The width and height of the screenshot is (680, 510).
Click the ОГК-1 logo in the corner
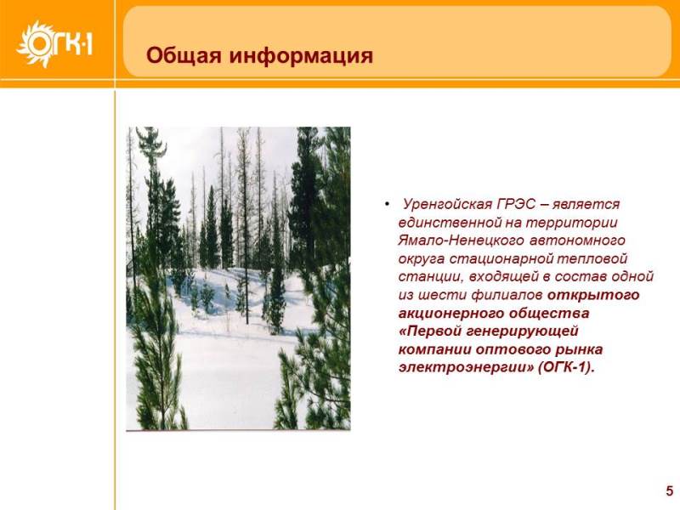tap(54, 44)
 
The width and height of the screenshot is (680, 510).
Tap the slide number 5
tap(670, 490)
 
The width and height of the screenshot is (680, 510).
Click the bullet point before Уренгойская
tap(387, 204)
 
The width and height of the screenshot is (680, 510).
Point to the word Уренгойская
tap(448, 204)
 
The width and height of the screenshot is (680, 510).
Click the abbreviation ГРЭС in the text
tap(517, 203)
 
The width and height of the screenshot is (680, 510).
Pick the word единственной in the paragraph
tap(450, 223)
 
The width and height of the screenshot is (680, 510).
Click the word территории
tap(571, 223)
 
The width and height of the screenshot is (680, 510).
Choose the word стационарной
tap(500, 259)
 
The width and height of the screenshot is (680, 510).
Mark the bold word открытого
tap(593, 295)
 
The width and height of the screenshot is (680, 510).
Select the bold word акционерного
tap(450, 314)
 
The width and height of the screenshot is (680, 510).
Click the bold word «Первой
tap(430, 331)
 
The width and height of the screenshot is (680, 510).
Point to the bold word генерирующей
tap(523, 331)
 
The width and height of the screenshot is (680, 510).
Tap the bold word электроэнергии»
tap(466, 368)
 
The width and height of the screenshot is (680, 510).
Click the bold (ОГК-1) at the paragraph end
tap(565, 368)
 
